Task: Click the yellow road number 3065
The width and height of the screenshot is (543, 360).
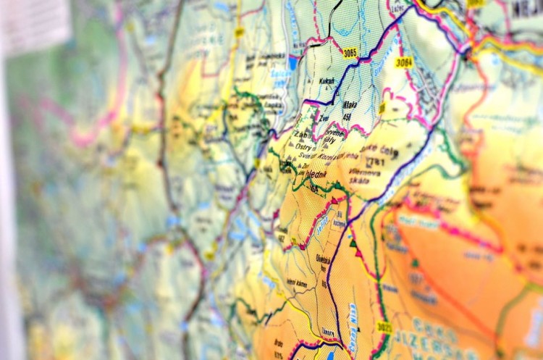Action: (350, 52)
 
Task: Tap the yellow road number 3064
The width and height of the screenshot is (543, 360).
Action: (404, 62)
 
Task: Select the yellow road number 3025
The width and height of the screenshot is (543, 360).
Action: (384, 327)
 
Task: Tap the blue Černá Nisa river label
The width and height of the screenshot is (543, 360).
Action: (353, 319)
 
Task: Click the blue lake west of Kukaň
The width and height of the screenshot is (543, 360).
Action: (293, 63)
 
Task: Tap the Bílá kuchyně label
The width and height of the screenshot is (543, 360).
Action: (340, 220)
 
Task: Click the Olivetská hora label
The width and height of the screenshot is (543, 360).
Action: (322, 261)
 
